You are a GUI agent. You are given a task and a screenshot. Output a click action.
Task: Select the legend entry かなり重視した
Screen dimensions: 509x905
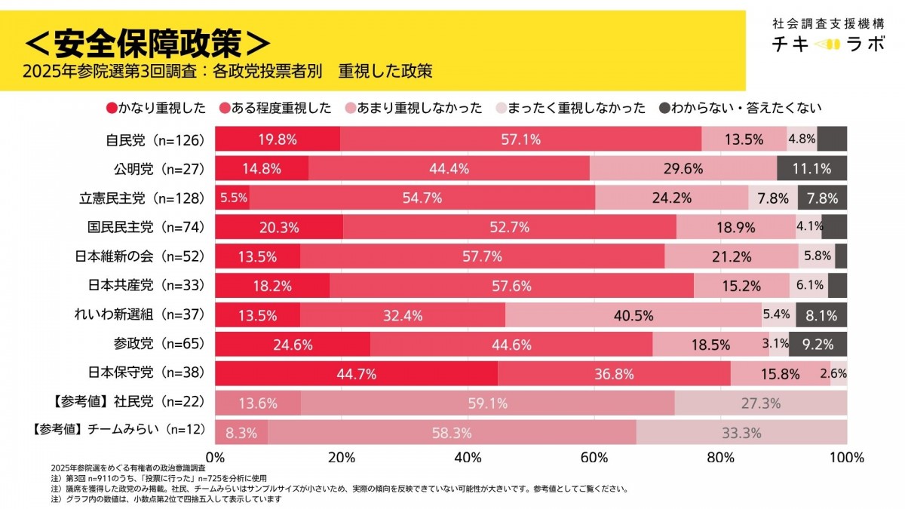point(157,108)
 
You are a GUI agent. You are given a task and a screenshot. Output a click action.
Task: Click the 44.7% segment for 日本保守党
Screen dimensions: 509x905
point(356,373)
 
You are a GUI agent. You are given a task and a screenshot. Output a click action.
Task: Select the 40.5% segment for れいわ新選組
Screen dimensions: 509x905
point(633,314)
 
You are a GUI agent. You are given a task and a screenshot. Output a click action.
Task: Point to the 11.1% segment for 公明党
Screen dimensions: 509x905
point(811,168)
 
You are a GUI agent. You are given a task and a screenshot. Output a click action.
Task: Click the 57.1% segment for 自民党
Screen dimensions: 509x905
point(520,139)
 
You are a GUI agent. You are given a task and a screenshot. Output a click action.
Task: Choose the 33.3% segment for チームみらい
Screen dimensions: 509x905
point(741,432)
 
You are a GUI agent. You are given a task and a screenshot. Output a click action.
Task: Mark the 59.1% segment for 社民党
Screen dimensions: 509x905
point(487,403)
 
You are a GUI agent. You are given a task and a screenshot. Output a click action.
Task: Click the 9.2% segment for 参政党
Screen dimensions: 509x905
point(818,344)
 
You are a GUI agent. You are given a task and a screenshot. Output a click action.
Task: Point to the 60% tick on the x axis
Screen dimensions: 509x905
point(594,457)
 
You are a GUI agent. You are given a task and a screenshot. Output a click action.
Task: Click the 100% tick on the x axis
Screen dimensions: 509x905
point(846,457)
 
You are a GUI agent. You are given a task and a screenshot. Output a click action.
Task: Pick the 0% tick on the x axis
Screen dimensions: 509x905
point(216,457)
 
